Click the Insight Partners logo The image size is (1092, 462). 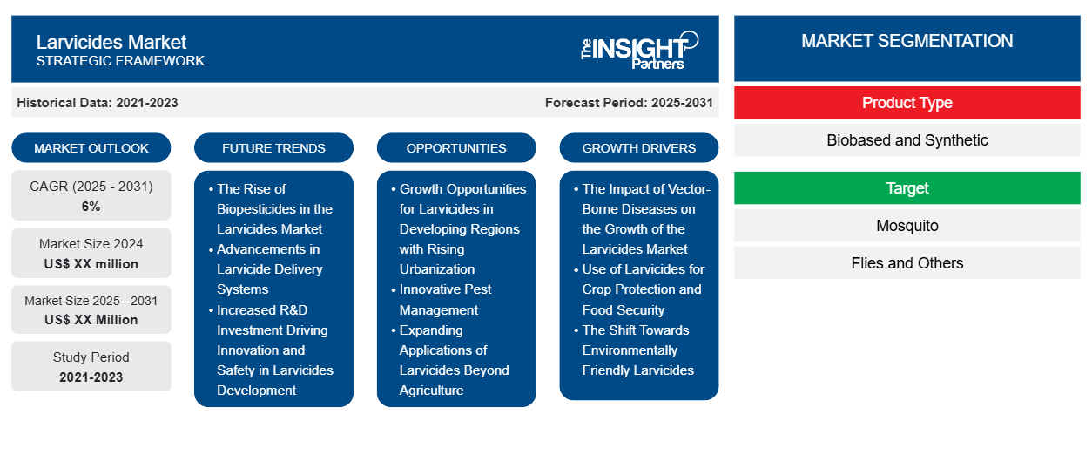pos(639,51)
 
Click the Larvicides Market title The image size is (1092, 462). pos(111,43)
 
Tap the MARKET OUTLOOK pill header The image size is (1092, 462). pos(91,148)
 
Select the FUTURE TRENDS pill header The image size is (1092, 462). pos(273,148)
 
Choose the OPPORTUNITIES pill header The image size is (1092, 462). pos(456,148)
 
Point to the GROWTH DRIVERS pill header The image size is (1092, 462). pos(638,148)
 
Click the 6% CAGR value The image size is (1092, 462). pos(91,207)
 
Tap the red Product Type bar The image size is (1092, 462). pos(907,103)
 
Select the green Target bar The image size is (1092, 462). pos(907,187)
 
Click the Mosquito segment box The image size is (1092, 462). pos(907,226)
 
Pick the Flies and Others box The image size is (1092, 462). pos(907,263)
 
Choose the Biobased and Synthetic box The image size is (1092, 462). pos(907,140)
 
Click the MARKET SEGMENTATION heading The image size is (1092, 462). pos(907,41)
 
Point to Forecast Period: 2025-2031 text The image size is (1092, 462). pos(629,103)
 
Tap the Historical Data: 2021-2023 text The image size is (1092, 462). pos(98,103)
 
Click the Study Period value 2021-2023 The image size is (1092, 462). pos(91,377)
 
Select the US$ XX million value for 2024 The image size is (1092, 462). pos(91,264)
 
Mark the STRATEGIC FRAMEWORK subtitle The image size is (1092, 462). pos(120,60)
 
